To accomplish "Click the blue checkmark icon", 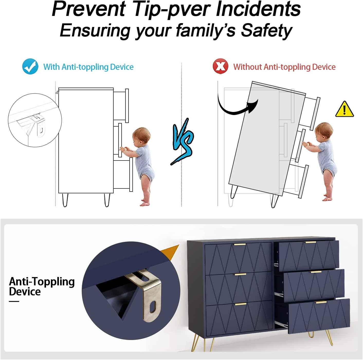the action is (30, 66).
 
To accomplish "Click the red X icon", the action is (220, 66).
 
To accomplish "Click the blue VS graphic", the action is (182, 141).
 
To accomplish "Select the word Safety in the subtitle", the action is (266, 30).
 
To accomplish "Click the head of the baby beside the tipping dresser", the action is (323, 131).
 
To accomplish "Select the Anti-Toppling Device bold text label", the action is (42, 287).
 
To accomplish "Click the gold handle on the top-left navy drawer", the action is (240, 244).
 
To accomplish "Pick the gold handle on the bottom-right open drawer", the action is (321, 302).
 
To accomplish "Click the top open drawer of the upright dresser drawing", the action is (121, 106).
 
